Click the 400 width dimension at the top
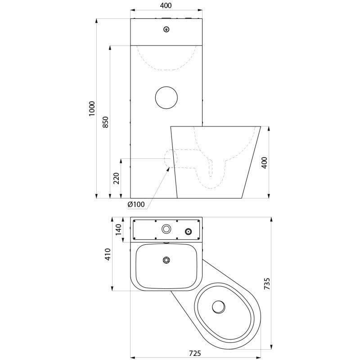point(166,5)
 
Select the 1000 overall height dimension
point(92,108)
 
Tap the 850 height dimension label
point(105,122)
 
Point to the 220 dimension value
point(117,178)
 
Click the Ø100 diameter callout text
point(136,204)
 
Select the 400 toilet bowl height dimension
point(265,162)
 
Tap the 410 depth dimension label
point(108,255)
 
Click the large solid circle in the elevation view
point(166,97)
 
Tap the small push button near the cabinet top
point(166,30)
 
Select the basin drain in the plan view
point(166,260)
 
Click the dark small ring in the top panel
point(188,231)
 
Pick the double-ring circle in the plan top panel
point(166,229)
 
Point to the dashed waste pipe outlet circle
point(169,158)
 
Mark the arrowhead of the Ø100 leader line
point(168,168)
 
